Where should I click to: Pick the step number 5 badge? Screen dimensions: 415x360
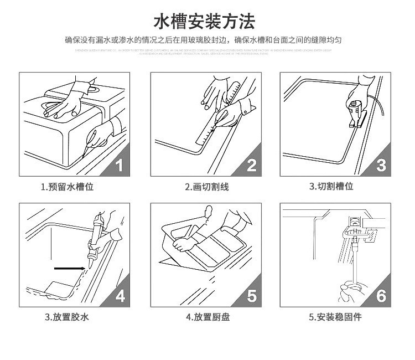pyautogui.click(x=251, y=296)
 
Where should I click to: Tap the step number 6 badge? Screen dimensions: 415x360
pyautogui.click(x=381, y=296)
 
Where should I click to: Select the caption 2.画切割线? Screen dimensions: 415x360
pyautogui.click(x=206, y=187)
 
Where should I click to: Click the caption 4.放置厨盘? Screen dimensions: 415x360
pyautogui.click(x=206, y=317)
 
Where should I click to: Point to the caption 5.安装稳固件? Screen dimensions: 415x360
pyautogui.click(x=335, y=317)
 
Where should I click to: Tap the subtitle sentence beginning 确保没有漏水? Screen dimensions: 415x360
pyautogui.click(x=203, y=40)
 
